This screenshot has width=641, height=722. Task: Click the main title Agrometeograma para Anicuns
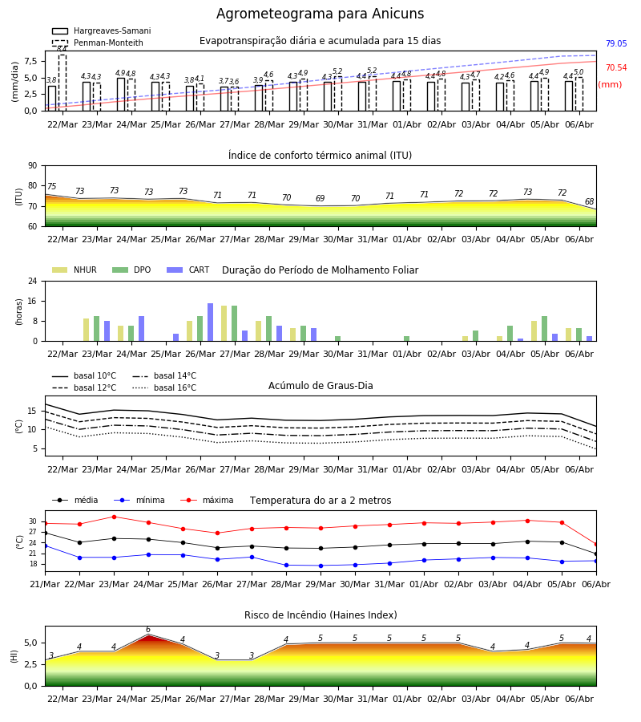(320, 14)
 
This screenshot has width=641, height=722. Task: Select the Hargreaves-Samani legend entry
(101, 30)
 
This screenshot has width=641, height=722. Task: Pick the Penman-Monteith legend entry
(98, 43)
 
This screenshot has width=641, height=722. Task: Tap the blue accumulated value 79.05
(616, 44)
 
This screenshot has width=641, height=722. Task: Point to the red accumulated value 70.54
(616, 67)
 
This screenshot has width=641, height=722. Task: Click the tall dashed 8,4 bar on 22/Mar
(62, 83)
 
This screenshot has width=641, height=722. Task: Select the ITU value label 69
(320, 198)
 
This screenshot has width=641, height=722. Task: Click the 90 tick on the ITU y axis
(33, 166)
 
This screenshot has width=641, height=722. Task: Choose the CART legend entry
(188, 270)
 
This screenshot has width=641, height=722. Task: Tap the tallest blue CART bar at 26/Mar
(210, 322)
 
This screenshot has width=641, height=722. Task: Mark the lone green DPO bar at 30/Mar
(337, 339)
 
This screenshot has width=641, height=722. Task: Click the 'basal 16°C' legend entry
(164, 387)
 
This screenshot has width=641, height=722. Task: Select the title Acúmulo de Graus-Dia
(320, 386)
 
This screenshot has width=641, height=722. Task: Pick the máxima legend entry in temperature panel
(207, 500)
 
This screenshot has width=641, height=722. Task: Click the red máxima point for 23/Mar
(114, 517)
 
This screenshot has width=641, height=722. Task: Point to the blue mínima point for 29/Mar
(321, 566)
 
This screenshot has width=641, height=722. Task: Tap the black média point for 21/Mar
(45, 533)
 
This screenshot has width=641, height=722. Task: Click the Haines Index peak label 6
(148, 630)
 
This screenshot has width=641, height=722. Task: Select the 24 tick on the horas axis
(33, 281)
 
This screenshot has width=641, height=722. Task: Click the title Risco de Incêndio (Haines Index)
(320, 615)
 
